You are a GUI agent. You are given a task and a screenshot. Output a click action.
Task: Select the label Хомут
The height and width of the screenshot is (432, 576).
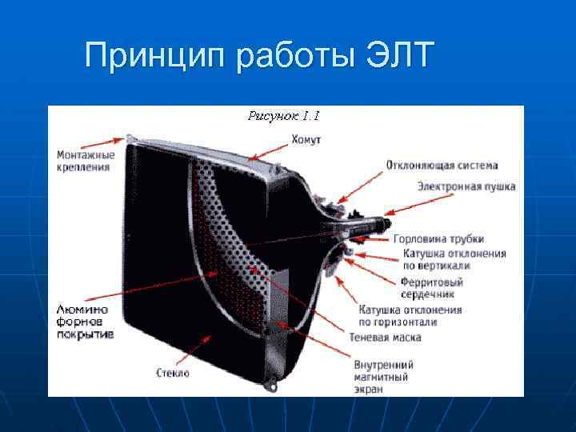point(306,139)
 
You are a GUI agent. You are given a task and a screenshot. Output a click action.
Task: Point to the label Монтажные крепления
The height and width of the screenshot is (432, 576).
point(85,161)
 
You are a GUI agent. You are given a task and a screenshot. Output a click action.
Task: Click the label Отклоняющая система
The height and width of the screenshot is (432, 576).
point(442,166)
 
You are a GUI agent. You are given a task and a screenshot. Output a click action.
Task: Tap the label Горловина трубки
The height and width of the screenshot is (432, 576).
point(438,238)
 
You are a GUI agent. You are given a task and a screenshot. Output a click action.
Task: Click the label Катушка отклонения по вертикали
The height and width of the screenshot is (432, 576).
point(454,259)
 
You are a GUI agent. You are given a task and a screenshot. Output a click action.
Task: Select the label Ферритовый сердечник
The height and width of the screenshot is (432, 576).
point(432,288)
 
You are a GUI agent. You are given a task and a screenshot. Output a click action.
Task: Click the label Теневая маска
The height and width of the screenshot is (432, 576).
point(385,338)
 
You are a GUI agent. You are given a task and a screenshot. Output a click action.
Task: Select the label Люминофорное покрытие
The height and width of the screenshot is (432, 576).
point(85,321)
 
